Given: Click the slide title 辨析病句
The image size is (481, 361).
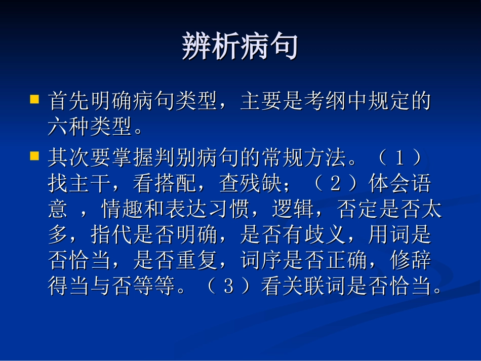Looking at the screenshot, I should [239, 47].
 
